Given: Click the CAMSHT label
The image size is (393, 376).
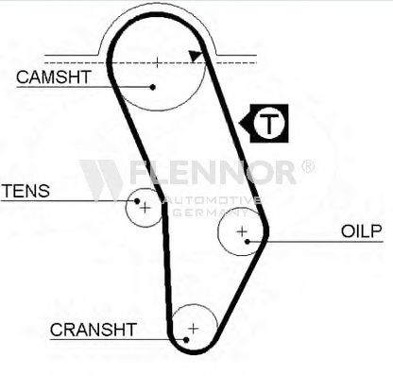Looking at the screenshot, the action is (54, 77).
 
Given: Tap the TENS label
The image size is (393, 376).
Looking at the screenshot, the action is (26, 191).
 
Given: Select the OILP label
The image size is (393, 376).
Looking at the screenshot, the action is (361, 231).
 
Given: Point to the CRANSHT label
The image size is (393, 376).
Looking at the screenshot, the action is (94, 330).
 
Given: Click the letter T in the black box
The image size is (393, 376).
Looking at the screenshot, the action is (268, 123).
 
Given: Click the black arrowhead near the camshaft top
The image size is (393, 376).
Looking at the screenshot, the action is (196, 56).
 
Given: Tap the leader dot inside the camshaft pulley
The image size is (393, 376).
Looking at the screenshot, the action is (153, 87).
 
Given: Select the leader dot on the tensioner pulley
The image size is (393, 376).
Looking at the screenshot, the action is (137, 200).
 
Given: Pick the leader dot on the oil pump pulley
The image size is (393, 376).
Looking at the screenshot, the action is (248, 242).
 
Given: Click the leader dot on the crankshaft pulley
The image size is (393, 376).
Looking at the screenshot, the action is (186, 340).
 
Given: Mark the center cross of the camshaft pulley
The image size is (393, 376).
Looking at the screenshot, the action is (157, 62).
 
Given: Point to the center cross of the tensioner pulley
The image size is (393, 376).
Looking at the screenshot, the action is (145, 208).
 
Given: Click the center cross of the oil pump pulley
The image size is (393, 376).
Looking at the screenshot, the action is (242, 231).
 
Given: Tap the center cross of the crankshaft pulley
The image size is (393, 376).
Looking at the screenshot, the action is (194, 329).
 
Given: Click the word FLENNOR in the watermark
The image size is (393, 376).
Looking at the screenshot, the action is (213, 172).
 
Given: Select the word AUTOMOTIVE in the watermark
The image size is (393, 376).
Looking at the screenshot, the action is (214, 200).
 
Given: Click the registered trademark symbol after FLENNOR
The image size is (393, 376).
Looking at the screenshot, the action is (308, 166).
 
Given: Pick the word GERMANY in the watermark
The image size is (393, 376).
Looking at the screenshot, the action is (211, 213).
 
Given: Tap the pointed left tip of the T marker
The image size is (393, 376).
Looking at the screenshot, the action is (239, 123).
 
